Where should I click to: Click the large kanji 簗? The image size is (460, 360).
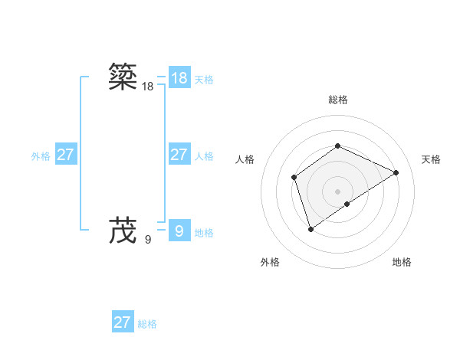(123, 77)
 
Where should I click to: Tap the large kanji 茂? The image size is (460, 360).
(123, 229)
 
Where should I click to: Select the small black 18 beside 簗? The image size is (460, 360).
(148, 87)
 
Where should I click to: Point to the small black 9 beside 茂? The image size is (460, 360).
(148, 240)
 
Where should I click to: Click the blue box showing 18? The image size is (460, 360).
(179, 78)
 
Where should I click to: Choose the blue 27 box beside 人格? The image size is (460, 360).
(179, 155)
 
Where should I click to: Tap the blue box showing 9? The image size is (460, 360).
(179, 231)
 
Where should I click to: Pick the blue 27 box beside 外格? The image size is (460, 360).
(65, 155)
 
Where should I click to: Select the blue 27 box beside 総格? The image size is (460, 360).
(123, 322)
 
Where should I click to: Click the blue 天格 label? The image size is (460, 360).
(204, 80)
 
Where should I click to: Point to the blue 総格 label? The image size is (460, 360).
(147, 324)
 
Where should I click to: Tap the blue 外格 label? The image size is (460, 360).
(41, 156)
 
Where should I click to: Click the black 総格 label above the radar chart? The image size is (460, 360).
(337, 100)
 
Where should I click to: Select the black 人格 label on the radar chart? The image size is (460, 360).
(245, 159)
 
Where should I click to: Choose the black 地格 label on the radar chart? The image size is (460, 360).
(402, 262)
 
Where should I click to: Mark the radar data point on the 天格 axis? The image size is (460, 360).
(396, 172)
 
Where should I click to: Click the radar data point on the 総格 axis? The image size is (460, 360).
(337, 146)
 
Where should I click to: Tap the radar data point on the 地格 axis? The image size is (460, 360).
(347, 204)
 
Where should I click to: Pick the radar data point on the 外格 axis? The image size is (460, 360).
(310, 228)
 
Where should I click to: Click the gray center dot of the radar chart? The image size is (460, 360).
(337, 191)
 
